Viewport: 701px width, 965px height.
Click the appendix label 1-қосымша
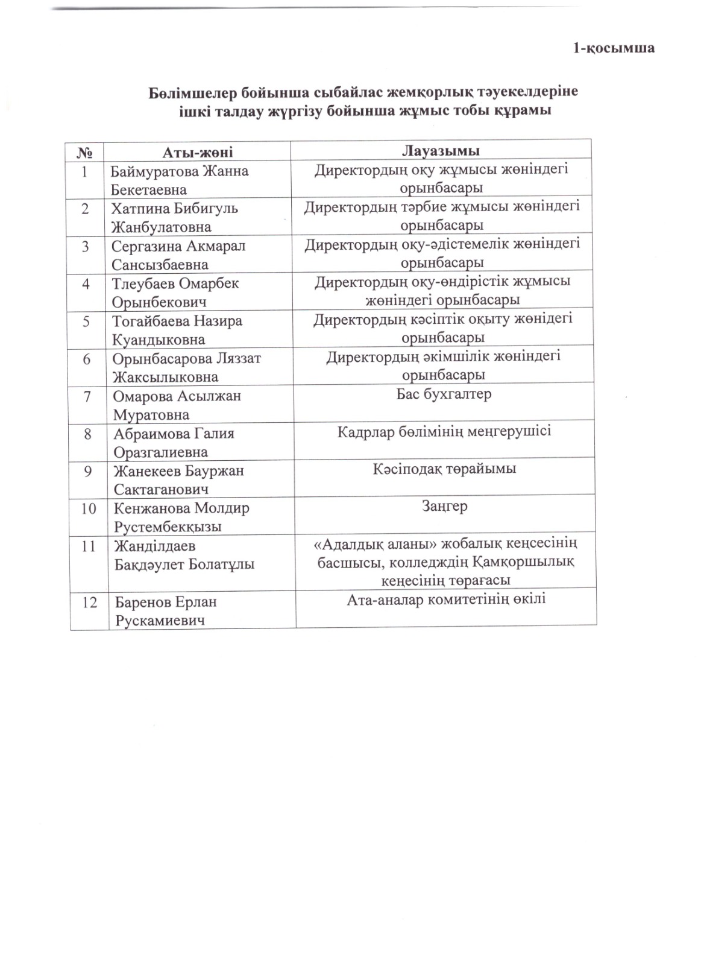[x=613, y=48]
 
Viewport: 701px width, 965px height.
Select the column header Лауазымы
[x=441, y=150]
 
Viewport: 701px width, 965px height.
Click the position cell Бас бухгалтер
[x=444, y=394]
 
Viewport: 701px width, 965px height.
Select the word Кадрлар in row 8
[x=366, y=432]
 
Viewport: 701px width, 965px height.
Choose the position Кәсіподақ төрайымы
[x=444, y=469]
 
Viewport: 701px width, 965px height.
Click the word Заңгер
[x=444, y=507]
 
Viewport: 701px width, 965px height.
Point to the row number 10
[x=89, y=508]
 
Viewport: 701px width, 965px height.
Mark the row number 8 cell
[x=88, y=434]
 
